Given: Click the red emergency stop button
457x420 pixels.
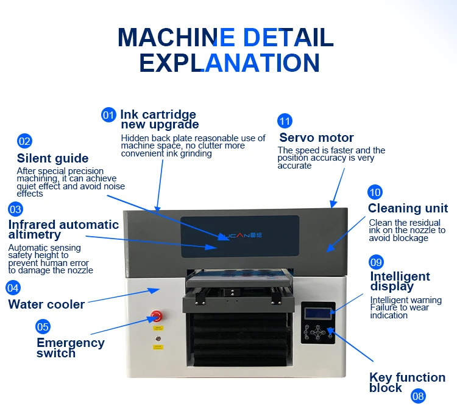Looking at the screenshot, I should click(157, 315).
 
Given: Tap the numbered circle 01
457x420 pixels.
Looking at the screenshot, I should click(108, 114).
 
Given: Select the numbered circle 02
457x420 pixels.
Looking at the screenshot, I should click(24, 141).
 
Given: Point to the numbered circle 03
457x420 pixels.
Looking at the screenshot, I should click(15, 209).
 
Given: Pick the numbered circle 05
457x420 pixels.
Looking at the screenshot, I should click(43, 326).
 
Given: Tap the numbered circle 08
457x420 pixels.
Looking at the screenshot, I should click(418, 396).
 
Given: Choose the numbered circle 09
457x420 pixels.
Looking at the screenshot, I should click(377, 262).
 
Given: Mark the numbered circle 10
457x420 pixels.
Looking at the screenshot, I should click(375, 193).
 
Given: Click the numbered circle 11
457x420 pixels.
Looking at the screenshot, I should click(285, 120).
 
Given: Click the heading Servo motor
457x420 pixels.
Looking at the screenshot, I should click(316, 138).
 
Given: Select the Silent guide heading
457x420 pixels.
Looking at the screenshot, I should click(52, 159).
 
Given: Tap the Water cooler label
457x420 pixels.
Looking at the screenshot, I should click(46, 304).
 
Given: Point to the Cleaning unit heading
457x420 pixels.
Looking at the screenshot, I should click(408, 209).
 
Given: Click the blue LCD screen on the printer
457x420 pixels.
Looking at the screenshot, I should click(317, 313).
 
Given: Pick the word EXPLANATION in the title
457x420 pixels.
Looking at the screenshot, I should click(229, 63).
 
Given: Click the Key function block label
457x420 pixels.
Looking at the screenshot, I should click(407, 382).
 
